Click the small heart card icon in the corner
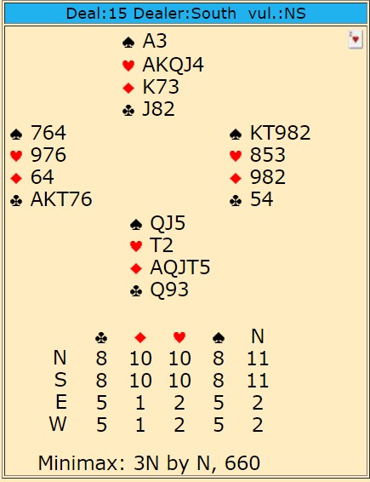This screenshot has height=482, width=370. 356,39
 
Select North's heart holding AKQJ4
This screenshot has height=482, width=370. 173,65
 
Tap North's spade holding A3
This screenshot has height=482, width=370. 155,41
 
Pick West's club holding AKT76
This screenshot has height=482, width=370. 61,199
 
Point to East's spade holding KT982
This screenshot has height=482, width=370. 280,133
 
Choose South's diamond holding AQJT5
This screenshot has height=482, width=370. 180,267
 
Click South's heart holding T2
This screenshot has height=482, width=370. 162,245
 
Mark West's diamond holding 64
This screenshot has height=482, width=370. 43,177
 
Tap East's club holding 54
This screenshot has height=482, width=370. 262,199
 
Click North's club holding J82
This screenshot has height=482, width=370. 159,109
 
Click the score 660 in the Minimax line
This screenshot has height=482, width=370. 242,462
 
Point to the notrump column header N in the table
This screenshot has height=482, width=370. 258,336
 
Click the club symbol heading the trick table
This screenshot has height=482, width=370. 101,337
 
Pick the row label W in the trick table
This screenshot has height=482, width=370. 58,424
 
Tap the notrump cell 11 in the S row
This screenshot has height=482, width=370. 258,380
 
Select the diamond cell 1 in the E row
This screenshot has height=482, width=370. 140,402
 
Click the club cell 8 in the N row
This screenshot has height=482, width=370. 101,358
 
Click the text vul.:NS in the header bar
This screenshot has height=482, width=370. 277,14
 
